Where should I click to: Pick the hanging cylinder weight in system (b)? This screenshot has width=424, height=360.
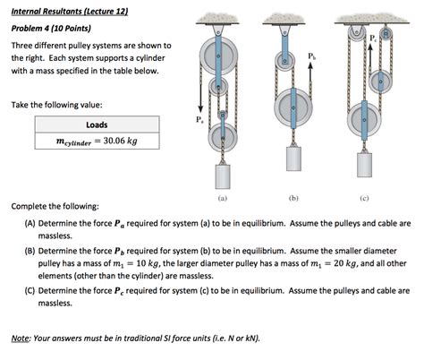(x=292, y=157)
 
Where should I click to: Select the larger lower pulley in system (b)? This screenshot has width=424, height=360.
(x=292, y=103)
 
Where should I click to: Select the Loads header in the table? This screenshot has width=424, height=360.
(x=97, y=124)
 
